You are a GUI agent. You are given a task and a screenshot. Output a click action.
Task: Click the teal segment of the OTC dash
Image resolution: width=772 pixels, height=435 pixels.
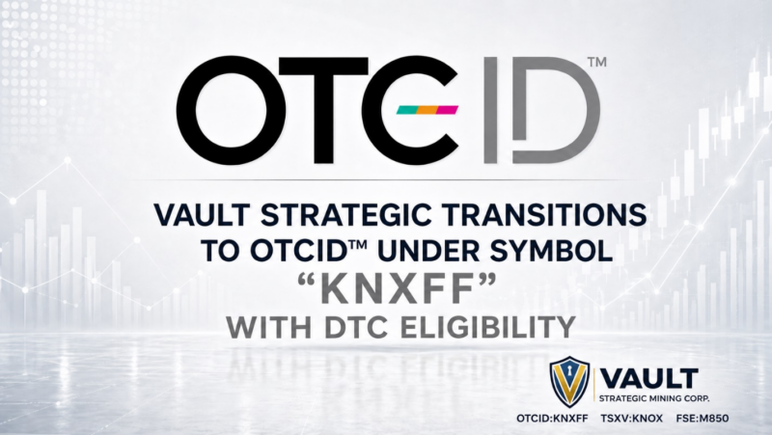tap(406, 110)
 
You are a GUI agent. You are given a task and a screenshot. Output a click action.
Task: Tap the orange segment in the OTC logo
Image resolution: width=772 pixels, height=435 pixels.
tap(427, 110)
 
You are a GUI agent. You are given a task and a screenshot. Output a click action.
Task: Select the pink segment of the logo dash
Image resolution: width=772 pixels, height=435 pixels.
tap(448, 110)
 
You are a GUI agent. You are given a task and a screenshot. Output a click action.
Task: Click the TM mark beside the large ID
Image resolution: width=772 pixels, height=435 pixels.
tap(597, 63)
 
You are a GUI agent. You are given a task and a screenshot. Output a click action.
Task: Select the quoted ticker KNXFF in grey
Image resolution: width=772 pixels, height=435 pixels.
tap(397, 289)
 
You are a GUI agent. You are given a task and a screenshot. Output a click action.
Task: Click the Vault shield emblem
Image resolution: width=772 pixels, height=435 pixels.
tap(569, 382)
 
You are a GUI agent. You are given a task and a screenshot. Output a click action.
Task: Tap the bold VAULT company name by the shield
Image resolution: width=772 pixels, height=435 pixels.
tap(649, 379)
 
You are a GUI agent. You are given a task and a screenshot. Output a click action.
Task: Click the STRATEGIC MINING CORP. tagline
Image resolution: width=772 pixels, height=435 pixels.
tap(654, 398)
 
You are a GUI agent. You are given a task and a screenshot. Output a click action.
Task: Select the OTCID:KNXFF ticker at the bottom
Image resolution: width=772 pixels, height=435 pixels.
tap(552, 419)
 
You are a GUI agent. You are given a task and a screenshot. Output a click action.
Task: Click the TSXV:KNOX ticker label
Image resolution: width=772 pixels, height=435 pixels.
tap(632, 419)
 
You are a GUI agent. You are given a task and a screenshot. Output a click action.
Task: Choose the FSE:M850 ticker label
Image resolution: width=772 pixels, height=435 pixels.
tap(703, 419)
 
